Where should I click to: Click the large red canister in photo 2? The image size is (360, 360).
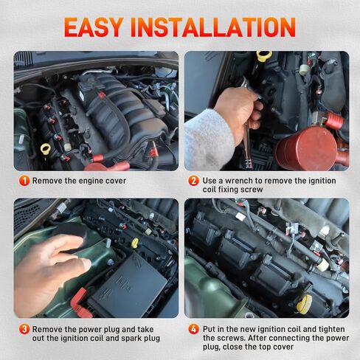tap(305, 147)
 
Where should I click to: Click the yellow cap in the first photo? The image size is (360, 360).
tap(46, 149)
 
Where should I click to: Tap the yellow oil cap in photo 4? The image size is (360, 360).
tap(304, 303)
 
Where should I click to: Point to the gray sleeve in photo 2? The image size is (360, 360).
tap(209, 140)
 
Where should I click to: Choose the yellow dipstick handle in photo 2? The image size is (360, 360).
tap(264, 57)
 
